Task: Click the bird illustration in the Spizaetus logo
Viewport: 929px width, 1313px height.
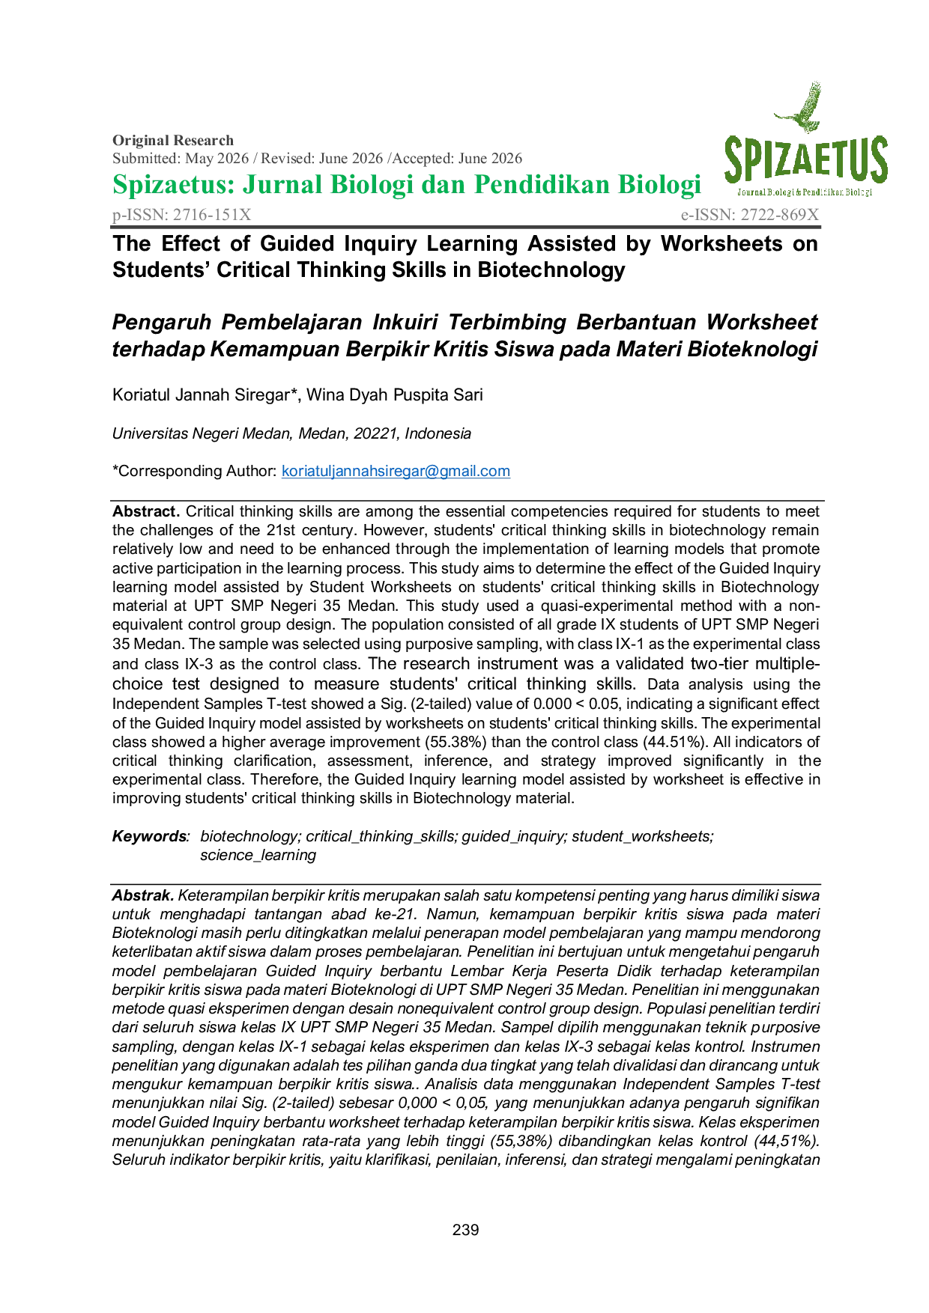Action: tap(800, 109)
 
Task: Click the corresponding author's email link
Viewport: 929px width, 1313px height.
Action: tap(396, 471)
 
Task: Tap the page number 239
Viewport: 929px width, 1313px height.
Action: tap(465, 1230)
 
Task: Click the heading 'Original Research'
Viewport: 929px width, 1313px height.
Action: tap(173, 140)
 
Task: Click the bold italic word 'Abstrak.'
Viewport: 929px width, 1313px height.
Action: tap(143, 895)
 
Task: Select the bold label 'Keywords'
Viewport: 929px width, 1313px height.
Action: tap(149, 836)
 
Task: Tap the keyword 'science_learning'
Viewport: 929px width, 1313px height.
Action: tap(258, 855)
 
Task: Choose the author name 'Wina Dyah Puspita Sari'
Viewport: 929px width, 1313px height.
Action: tap(395, 394)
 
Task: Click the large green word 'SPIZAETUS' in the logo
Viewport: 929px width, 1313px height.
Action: tap(806, 159)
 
